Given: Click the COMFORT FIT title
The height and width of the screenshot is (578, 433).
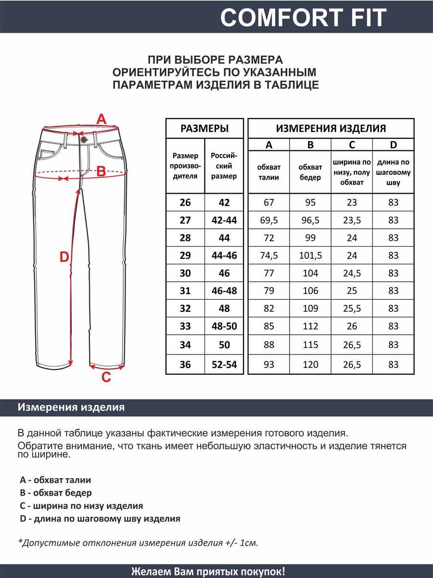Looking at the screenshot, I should [303, 18].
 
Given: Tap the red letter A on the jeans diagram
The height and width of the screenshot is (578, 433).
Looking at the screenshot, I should [101, 119].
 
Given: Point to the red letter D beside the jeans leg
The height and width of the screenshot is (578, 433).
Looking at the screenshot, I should [64, 258].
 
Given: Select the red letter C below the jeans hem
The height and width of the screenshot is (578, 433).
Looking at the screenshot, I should [106, 377].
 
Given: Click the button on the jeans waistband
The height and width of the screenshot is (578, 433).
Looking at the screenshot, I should [84, 139].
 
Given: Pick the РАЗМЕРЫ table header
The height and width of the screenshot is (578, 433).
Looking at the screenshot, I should [204, 129].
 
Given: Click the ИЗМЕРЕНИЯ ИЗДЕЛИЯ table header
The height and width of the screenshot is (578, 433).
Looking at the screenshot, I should [331, 129].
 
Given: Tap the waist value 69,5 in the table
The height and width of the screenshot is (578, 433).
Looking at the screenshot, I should [269, 220].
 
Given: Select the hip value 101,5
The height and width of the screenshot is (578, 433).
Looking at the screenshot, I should [310, 255].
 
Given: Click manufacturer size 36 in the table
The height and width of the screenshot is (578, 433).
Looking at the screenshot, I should [185, 365].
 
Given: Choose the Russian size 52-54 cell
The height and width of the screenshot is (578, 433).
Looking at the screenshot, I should [224, 365].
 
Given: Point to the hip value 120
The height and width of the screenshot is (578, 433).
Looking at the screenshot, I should [310, 365].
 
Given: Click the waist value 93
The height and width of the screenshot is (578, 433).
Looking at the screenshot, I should [269, 365].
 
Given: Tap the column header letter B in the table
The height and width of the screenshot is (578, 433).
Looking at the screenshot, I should [310, 145].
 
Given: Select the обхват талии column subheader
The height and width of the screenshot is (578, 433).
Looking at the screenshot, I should [269, 172].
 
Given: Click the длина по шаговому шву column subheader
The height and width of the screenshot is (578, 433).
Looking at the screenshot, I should [394, 172].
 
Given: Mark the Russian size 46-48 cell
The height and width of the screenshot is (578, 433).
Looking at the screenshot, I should [224, 291].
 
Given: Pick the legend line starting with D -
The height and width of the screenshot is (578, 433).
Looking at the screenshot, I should [100, 519].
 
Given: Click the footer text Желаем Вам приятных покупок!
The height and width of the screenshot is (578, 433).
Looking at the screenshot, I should [208, 571].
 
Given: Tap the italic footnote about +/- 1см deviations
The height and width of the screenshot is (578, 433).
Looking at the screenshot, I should [138, 543].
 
